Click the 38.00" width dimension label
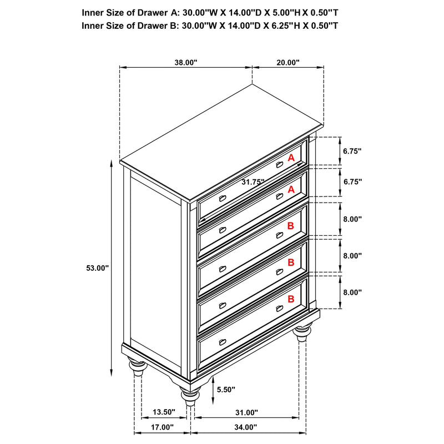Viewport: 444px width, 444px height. coord(186,63)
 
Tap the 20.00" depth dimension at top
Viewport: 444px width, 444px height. coord(288,63)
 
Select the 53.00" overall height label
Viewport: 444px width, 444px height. coord(97,268)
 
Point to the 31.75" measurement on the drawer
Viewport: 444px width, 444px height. coord(253,181)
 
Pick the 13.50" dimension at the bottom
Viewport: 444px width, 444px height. coord(164,412)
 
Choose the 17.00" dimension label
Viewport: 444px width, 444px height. coord(162,427)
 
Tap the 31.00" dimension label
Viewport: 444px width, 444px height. coord(246,412)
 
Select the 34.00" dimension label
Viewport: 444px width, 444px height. coord(246,427)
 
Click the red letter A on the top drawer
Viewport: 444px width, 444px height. coord(291,158)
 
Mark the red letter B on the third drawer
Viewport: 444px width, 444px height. coord(291,226)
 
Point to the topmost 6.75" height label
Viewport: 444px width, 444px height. coord(352,150)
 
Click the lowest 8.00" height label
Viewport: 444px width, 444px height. coord(352,292)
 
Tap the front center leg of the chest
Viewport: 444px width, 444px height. coord(189,395)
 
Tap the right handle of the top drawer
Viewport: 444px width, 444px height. coord(280,165)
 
